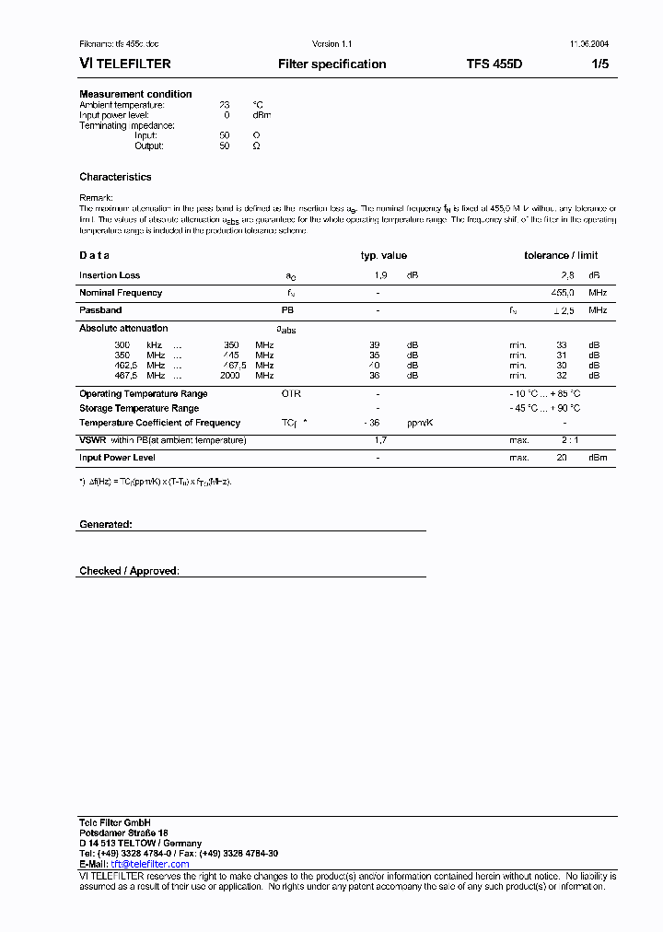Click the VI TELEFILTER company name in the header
[124, 64]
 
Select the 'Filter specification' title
[331, 64]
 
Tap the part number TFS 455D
[494, 64]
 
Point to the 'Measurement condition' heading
[135, 94]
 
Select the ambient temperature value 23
[224, 105]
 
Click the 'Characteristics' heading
[115, 177]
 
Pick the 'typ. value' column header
[383, 256]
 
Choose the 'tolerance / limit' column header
[561, 256]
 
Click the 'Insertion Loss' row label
[110, 275]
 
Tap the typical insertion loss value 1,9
[380, 275]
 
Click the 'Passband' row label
[100, 311]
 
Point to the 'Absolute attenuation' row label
[123, 328]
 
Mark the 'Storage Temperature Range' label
[139, 408]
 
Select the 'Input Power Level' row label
[117, 458]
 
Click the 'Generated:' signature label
[105, 524]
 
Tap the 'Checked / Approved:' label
[129, 571]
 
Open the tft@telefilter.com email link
[138, 865]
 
